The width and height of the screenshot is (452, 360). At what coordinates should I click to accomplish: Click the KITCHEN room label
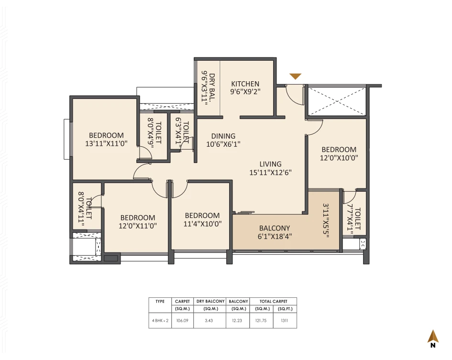[x=245, y=84]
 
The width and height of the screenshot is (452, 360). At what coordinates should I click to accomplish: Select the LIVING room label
[x=270, y=164]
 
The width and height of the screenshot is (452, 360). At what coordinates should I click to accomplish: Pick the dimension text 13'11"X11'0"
[x=99, y=143]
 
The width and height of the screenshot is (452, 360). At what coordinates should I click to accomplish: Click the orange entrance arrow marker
[x=296, y=76]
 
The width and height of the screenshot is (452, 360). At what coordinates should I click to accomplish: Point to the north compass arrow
[x=433, y=336]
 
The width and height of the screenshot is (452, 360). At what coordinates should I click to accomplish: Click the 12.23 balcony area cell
[x=237, y=322]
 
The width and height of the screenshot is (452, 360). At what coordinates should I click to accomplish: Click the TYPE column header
[x=160, y=301]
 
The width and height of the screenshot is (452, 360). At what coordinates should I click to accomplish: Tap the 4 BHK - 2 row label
[x=160, y=322]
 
